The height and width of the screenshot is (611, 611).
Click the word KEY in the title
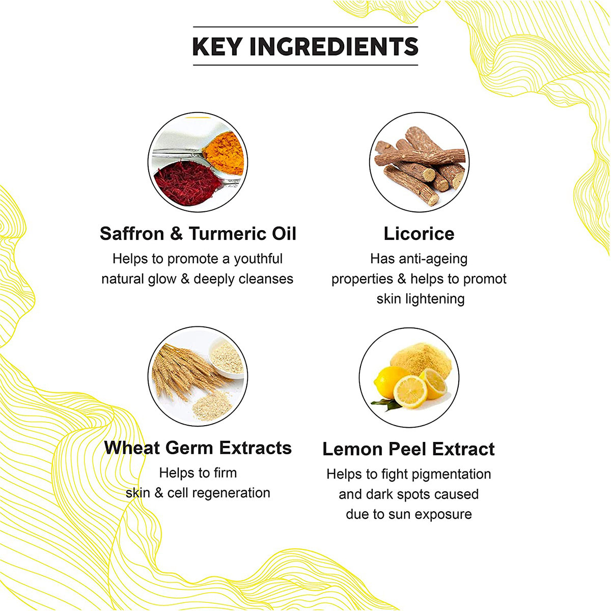tap(216, 46)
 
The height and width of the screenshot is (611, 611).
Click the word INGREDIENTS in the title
tap(334, 46)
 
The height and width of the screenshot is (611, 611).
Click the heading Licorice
tap(419, 234)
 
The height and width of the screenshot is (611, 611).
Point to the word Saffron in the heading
tap(132, 234)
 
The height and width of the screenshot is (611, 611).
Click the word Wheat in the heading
tap(132, 448)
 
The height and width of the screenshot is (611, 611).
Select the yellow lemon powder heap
tap(420, 359)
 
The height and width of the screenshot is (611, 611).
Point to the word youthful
tap(258, 259)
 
